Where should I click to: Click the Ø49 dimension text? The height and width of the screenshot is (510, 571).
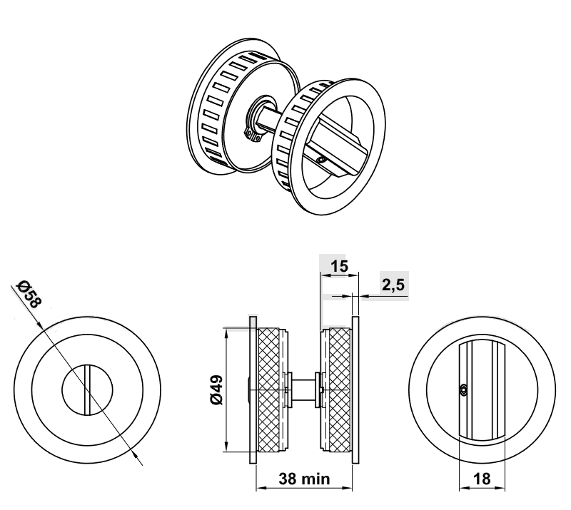(217, 390)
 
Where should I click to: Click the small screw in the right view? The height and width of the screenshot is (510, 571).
(464, 389)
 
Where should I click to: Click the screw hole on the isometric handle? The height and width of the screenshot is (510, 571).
(323, 161)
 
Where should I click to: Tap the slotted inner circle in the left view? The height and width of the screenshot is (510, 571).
(88, 390)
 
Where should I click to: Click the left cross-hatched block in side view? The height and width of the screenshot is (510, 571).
(270, 389)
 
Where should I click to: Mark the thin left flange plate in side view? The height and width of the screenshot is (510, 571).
(252, 389)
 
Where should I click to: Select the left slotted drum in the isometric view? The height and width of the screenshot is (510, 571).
(214, 107)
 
